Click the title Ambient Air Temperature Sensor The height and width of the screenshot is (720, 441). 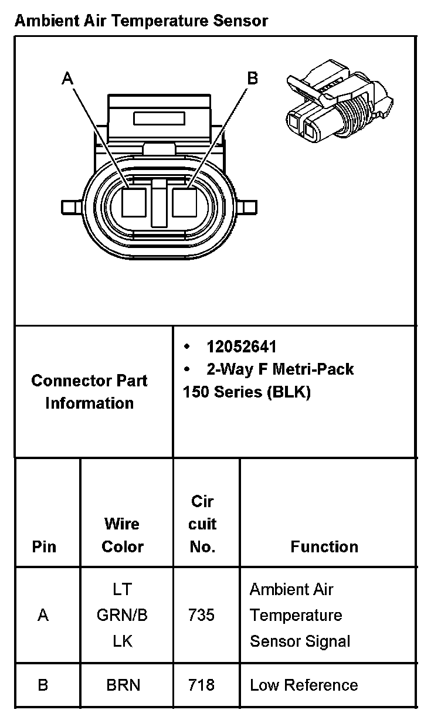tap(141, 21)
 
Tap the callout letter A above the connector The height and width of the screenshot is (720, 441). tap(67, 78)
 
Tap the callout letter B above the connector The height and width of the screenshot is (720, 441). tap(253, 78)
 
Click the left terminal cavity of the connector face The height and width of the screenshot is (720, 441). tap(134, 202)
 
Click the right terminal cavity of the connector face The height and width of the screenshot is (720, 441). tap(185, 202)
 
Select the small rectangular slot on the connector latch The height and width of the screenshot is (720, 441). tap(159, 118)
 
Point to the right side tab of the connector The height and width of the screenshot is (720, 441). tap(247, 208)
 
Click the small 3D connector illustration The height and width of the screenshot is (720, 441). tap(340, 101)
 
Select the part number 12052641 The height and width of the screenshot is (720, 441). tap(242, 347)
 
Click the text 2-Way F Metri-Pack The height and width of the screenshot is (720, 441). tap(280, 369)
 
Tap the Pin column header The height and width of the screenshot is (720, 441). tap(44, 546)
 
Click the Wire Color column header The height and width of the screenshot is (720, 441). tap(123, 535)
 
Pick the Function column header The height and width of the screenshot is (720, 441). tap(324, 546)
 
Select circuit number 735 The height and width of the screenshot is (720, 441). tap(201, 615)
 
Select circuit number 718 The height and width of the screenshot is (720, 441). tap(201, 685)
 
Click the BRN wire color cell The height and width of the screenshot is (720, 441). tap(123, 685)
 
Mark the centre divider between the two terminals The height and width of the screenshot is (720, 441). tap(159, 203)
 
